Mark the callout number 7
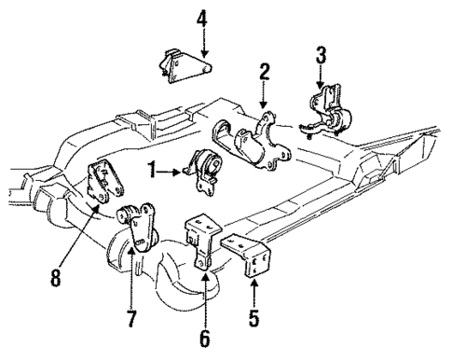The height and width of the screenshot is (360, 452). pyautogui.click(x=131, y=320)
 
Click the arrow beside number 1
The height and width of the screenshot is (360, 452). pyautogui.click(x=172, y=172)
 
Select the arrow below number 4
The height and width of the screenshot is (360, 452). pyautogui.click(x=203, y=42)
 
